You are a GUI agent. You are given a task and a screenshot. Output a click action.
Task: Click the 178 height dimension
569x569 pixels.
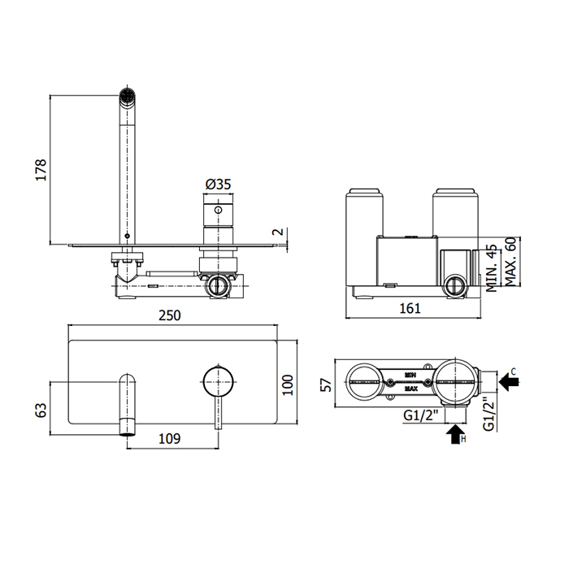click(41, 169)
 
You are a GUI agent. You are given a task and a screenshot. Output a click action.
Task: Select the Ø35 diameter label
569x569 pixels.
click(218, 185)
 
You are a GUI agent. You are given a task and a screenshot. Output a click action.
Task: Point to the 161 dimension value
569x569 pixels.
click(411, 308)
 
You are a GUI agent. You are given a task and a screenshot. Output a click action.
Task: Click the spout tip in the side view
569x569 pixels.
click(127, 95)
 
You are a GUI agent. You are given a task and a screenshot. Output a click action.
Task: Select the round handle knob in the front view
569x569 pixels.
click(218, 380)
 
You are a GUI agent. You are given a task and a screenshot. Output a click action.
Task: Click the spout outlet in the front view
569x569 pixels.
click(127, 424)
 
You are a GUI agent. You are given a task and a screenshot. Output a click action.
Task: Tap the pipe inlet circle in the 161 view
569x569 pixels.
click(454, 286)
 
